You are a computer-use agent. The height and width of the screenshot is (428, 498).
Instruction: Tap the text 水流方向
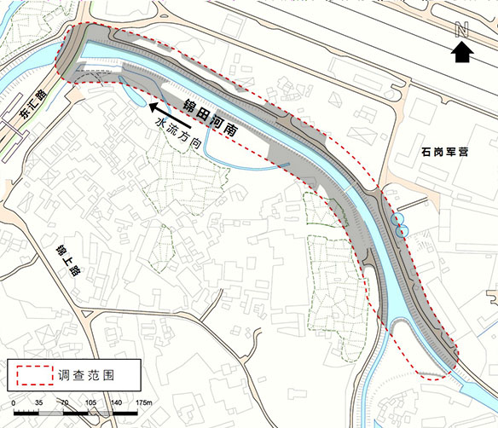[x=177, y=135]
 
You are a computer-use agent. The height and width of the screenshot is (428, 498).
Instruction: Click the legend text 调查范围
[x=87, y=373]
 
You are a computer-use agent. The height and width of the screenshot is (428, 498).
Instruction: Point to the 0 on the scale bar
[x=14, y=402]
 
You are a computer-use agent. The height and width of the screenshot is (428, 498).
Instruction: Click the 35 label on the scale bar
[x=39, y=402]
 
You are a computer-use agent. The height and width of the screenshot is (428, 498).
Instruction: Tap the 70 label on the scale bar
[x=65, y=402]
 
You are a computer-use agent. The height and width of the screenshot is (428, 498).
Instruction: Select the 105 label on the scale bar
[x=91, y=402]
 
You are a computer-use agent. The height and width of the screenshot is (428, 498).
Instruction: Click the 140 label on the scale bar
[x=118, y=402]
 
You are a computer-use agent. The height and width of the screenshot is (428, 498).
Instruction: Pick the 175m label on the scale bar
[x=142, y=402]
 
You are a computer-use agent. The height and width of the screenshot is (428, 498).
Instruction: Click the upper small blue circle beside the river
[x=397, y=219]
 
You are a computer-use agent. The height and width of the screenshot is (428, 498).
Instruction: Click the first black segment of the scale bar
[x=26, y=412]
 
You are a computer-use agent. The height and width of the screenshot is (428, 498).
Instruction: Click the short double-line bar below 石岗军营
[x=413, y=204]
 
